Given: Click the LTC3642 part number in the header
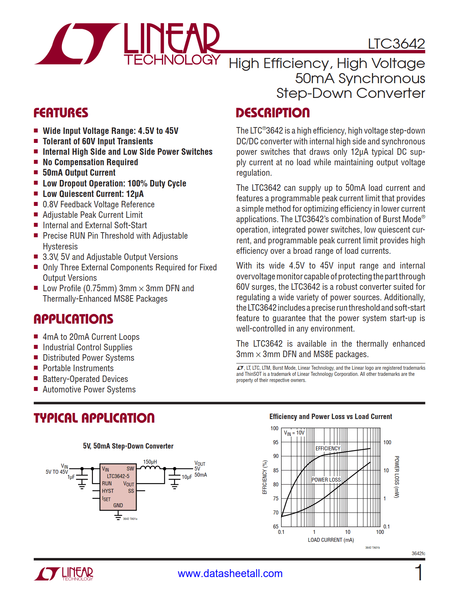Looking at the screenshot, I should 396,44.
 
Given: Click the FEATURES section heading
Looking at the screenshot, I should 61,113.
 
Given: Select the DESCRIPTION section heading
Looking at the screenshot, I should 273,113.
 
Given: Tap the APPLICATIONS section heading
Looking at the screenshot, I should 73,319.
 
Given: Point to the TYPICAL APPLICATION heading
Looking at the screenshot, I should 94,418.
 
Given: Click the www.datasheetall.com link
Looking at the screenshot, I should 230,573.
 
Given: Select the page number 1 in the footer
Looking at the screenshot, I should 419,572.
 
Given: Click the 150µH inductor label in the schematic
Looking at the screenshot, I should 150,462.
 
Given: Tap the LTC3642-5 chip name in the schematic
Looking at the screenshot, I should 118,476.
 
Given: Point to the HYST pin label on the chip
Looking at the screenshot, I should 108,491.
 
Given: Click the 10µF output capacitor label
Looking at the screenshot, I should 186,477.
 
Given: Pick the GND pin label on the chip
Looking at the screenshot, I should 118,505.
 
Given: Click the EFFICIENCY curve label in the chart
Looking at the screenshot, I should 328,449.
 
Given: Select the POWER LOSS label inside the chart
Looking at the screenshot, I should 326,480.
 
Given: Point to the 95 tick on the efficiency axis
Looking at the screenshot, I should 275,442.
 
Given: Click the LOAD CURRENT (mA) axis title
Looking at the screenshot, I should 330,540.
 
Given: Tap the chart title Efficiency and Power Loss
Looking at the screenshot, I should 330,417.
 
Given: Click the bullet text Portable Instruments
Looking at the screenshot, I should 78,368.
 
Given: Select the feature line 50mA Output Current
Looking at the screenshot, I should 79,173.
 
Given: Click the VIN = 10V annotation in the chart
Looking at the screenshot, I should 294,433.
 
